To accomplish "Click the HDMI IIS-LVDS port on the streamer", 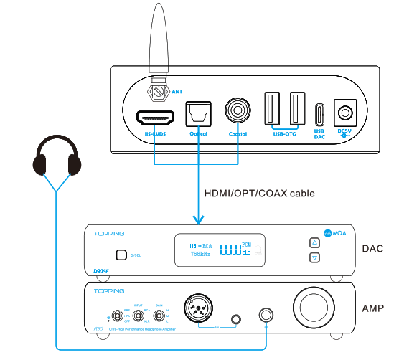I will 154,116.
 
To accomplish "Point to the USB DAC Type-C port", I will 320,114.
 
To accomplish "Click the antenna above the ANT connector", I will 158,43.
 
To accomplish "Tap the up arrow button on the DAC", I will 314,242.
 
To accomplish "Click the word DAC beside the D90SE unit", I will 372,249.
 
